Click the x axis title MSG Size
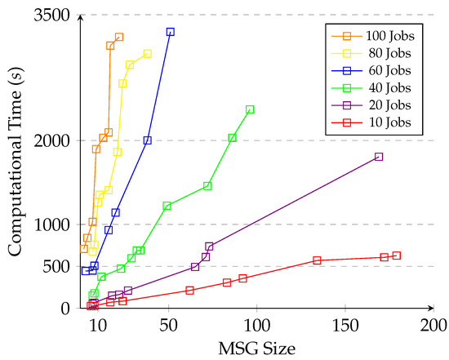[256, 349]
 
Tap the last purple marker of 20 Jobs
[379, 157]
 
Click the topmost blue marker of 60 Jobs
[171, 32]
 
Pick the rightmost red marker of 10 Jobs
[397, 256]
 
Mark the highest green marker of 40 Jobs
[250, 109]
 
